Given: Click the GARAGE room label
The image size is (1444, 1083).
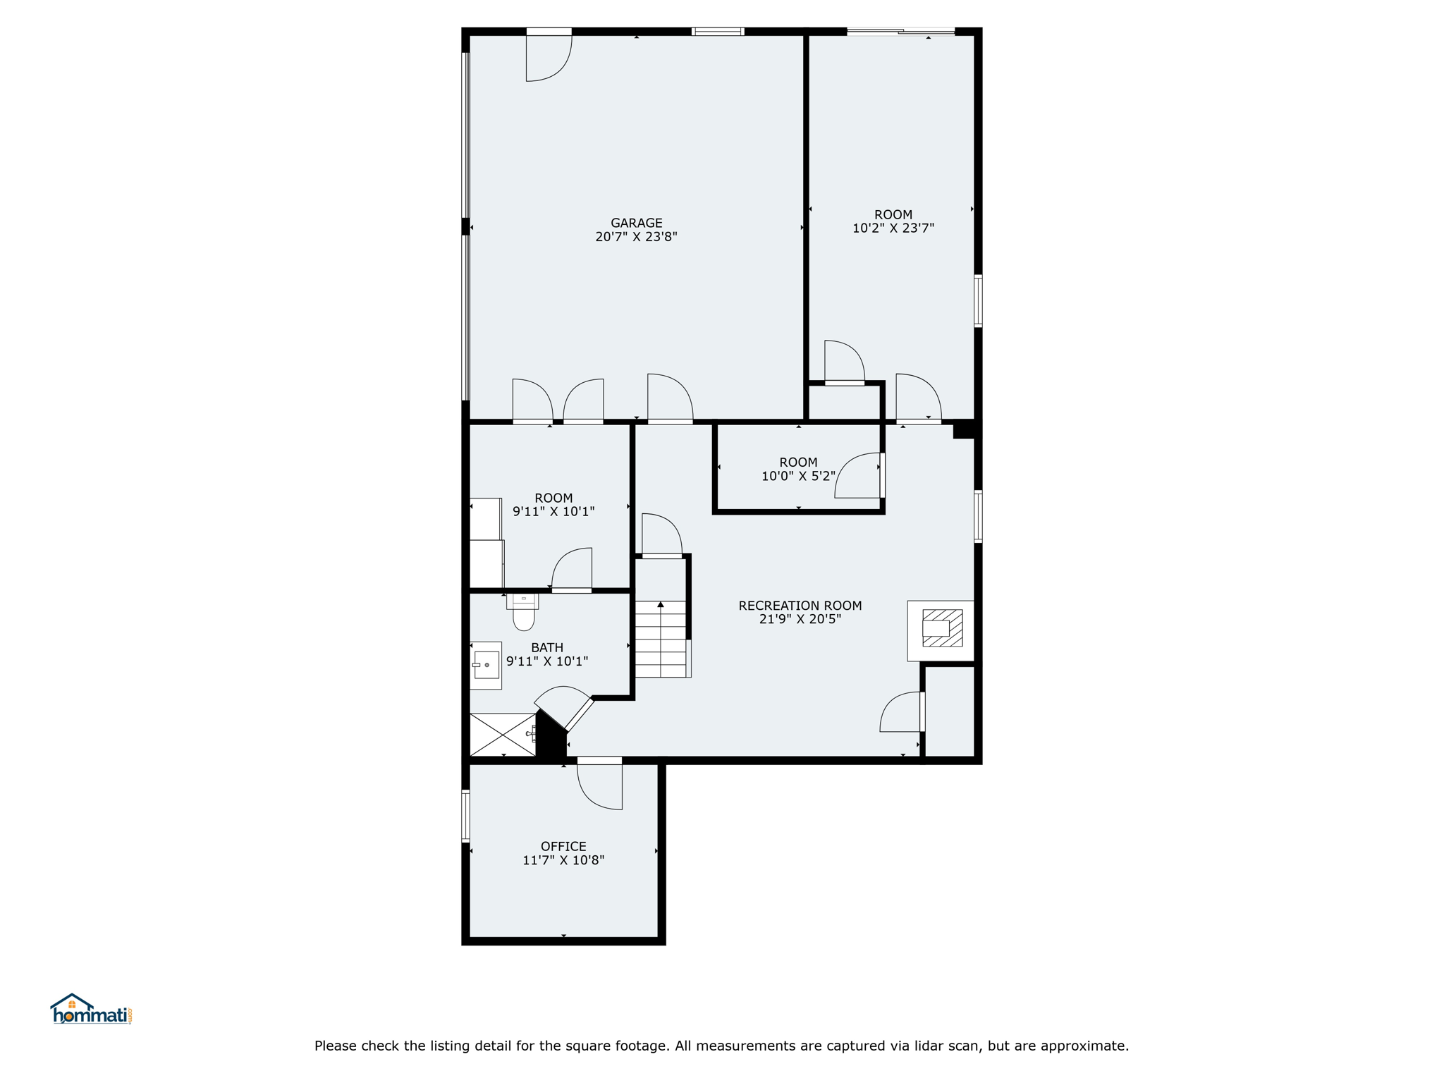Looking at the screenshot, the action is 636,223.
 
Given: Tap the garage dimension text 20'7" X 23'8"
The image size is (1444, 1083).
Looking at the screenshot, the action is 636,237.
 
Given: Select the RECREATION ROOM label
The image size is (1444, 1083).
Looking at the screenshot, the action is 800,606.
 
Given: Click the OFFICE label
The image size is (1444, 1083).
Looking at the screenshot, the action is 563,846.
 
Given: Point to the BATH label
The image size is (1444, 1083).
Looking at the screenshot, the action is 547,647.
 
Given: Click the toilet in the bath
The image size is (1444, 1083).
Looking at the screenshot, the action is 523,611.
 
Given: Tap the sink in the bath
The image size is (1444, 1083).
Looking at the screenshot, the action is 486,665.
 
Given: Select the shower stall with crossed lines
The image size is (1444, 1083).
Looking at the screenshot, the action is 503,735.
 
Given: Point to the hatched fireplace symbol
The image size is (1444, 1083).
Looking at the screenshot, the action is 942,628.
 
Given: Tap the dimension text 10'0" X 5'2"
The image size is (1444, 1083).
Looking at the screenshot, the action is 798,477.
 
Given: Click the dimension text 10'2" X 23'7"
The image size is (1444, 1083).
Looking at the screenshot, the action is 893,228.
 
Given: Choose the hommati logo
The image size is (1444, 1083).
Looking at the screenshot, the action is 92,1009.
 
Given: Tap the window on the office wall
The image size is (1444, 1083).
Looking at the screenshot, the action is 465,816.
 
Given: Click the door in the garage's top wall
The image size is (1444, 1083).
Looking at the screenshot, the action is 549,55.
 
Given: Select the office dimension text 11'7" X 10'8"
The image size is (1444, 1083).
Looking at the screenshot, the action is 563,860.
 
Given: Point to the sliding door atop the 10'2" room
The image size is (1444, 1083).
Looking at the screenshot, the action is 900,32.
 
